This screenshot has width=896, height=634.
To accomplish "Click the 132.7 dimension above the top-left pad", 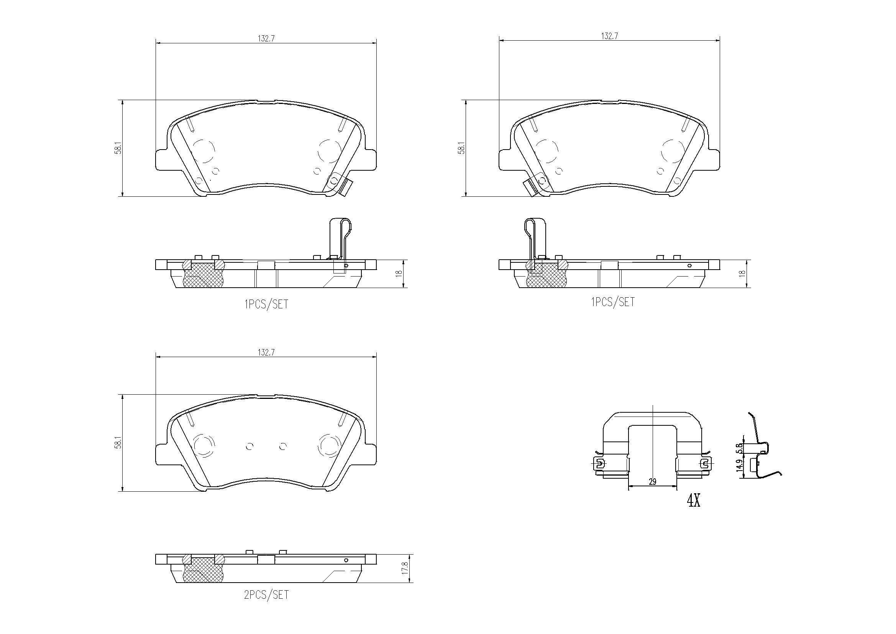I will coord(266,38).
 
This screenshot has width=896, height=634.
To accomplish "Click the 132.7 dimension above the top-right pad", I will coord(609,36).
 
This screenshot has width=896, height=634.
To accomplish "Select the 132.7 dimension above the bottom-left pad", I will coord(266,352).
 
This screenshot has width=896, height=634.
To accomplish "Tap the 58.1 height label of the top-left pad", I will coord(118,148).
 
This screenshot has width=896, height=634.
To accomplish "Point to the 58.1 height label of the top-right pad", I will coord(462,148).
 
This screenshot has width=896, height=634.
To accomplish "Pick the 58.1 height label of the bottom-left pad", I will coord(118,443).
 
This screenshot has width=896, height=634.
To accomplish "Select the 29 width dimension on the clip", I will coord(652,482).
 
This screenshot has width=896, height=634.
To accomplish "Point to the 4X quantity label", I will coord(694,501).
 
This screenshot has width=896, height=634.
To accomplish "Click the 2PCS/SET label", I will coord(266,595).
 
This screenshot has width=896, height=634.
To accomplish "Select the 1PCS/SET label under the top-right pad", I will coord(613,302).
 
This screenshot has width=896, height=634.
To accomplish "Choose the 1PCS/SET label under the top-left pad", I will coord(266,304).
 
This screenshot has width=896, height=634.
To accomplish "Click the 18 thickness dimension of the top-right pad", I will coord(742,273).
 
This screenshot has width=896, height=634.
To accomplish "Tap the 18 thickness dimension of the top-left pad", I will coord(399,273).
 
